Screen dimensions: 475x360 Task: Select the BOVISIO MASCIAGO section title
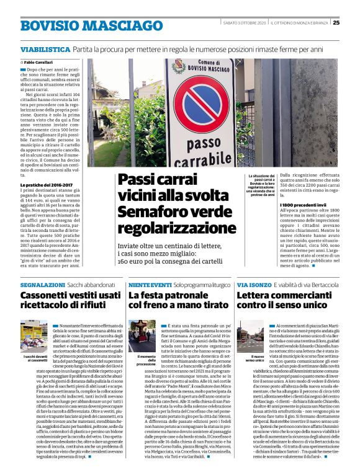click(91, 25)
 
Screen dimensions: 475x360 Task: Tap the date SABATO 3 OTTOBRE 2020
click(245, 23)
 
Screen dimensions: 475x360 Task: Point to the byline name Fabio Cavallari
click(39, 63)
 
